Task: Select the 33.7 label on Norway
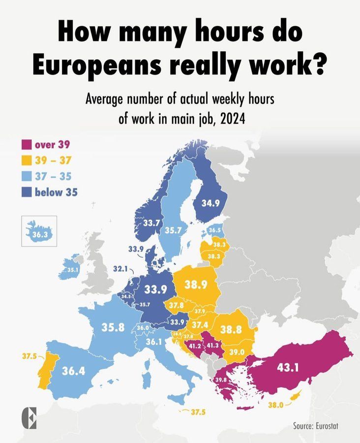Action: [x=150, y=223]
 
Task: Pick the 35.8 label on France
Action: [x=113, y=327]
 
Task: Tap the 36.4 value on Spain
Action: [x=73, y=371]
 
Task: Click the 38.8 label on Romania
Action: [x=231, y=330]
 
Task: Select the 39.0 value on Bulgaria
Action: [x=237, y=353]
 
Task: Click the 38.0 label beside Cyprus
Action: [x=275, y=406]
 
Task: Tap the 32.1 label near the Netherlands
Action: [x=120, y=269]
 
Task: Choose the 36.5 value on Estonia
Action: [x=215, y=230]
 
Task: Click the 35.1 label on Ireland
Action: [x=73, y=270]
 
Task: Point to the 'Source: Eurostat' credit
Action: [x=315, y=425]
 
